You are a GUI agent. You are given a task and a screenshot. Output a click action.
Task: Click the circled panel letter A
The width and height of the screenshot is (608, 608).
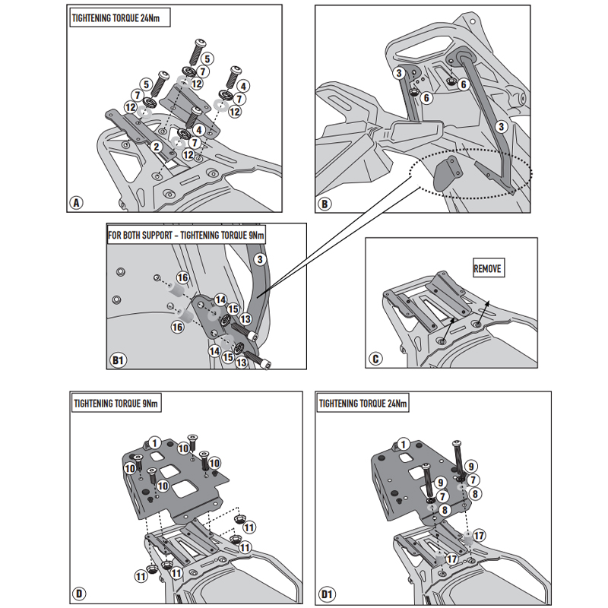point(75,203)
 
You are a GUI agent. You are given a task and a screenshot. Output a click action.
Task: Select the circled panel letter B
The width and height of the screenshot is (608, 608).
point(325,203)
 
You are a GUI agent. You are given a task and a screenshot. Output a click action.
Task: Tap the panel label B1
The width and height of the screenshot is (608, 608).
point(119,359)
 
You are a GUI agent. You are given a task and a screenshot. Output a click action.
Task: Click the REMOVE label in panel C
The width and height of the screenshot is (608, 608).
point(488,269)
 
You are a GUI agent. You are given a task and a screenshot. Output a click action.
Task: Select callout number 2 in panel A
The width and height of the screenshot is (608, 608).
point(155,146)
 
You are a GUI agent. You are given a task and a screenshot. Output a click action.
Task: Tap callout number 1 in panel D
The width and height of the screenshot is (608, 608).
point(154,442)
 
